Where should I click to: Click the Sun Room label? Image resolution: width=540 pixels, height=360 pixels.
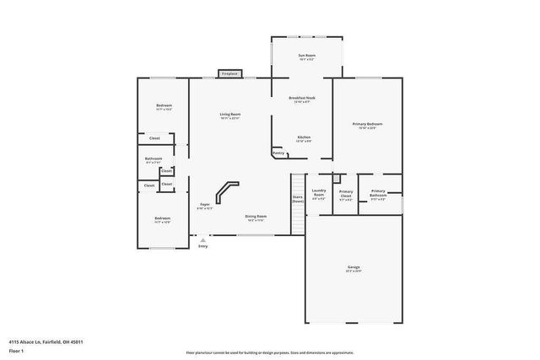pos(306,57)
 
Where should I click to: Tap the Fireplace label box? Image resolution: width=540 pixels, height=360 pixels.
pos(229,74)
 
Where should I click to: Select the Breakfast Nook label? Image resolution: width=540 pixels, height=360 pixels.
pos(302,99)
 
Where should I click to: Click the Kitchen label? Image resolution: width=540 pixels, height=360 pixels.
pos(304,137)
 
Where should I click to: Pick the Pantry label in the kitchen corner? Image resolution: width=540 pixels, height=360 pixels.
pos(278,153)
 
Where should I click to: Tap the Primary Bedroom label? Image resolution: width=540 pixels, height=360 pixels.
pos(367,126)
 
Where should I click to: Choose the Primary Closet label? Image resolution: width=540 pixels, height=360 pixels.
pos(346,195)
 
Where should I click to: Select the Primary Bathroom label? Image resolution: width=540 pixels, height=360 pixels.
pos(377,193)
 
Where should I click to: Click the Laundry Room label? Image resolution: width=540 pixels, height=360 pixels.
pos(319,195)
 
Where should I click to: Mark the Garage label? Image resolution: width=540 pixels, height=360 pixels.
pos(353,269)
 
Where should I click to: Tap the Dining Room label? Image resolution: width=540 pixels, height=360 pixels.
pos(256,217)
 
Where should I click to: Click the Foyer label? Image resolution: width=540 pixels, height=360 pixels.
pos(205,206)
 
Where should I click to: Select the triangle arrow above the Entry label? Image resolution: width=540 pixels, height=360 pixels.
pos(202,239)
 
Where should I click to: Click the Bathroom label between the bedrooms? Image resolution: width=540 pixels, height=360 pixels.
pos(153,159)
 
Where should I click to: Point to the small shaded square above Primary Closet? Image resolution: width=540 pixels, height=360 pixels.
pos(336,179)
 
